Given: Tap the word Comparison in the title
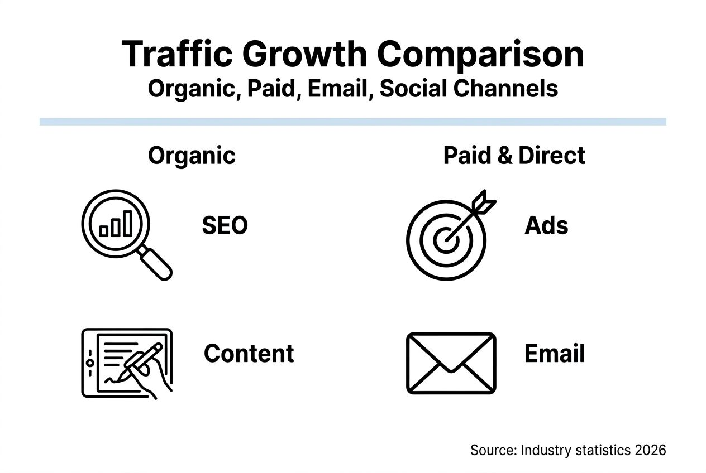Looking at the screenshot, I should click(480, 55).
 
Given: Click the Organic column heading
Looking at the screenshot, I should click(192, 156).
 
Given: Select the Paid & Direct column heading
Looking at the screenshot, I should click(514, 156).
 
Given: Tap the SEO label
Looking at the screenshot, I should click(225, 226).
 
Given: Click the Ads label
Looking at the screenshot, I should click(546, 226).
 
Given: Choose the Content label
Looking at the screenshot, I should click(249, 354).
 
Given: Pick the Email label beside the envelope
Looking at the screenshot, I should click(554, 354).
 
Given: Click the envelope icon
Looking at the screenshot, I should click(451, 363).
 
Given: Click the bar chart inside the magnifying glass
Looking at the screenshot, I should click(116, 225).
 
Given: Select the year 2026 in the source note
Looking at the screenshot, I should click(650, 450).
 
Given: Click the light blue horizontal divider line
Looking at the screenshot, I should click(352, 122).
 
